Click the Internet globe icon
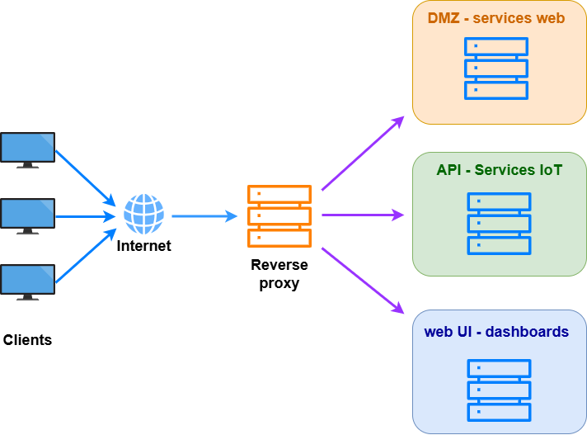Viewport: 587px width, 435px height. click(143, 214)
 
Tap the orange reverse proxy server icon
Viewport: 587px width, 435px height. click(279, 216)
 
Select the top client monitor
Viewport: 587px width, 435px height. click(28, 150)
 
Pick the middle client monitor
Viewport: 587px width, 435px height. click(28, 216)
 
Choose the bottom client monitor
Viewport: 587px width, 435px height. click(28, 282)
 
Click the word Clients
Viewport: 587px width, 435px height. click(27, 340)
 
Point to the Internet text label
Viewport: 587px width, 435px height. click(143, 246)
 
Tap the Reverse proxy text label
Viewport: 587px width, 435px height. click(279, 274)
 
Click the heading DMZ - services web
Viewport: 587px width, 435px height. click(496, 18)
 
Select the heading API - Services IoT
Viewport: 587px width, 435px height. click(499, 170)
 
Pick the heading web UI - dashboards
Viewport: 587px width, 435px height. click(496, 332)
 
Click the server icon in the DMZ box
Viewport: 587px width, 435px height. click(496, 69)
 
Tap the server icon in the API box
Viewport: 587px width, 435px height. click(499, 224)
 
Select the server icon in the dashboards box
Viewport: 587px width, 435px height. click(499, 390)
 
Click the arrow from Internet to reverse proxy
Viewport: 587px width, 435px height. click(204, 216)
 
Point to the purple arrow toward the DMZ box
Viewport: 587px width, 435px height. click(363, 153)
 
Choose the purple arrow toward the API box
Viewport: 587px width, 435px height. click(363, 215)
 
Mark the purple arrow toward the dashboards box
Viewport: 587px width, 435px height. click(363, 281)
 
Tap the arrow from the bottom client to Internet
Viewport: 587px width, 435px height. click(86, 256)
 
